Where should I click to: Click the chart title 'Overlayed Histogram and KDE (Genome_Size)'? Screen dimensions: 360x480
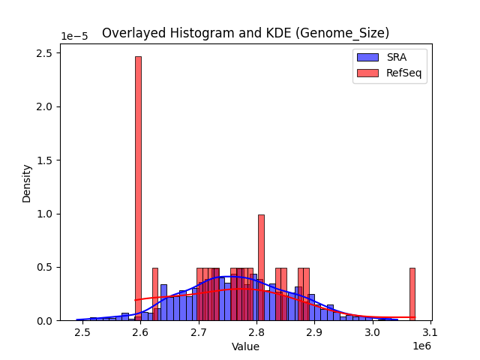(245, 33)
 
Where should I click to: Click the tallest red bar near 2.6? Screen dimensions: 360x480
(138, 187)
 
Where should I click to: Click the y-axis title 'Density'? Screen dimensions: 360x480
(27, 183)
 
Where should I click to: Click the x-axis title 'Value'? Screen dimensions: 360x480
(245, 346)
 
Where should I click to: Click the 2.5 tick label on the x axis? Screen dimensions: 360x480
(82, 332)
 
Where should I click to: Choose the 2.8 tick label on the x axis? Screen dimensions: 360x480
(256, 332)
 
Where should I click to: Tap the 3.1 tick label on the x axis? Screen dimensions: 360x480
(430, 332)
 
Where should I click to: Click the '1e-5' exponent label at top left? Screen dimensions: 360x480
(73, 36)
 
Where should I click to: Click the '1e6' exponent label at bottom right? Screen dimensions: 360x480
(422, 346)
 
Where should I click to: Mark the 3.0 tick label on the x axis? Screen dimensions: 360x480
(372, 332)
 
